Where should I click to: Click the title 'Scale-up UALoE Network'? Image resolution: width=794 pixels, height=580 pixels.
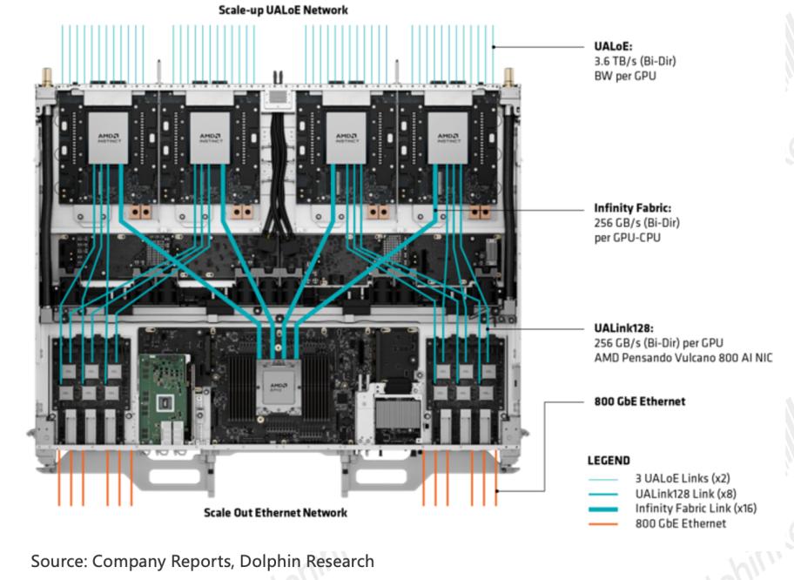[283, 10]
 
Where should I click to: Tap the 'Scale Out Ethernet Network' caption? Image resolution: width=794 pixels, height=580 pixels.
[275, 513]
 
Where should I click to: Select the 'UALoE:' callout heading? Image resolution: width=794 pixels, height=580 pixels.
[613, 46]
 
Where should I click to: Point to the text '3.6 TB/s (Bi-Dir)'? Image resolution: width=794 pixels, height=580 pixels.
[635, 61]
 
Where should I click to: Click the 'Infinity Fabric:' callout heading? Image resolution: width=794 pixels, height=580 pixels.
[632, 207]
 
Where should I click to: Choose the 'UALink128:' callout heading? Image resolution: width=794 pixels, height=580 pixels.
[624, 328]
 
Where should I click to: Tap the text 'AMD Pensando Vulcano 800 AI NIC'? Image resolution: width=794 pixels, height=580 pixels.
[683, 358]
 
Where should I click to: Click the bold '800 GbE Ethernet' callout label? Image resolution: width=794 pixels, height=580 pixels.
[640, 401]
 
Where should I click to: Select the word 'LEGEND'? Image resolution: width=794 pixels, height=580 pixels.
[609, 461]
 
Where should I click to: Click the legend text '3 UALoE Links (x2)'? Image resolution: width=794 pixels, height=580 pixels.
[683, 478]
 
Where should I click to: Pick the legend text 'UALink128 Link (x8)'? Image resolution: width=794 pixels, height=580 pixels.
[686, 494]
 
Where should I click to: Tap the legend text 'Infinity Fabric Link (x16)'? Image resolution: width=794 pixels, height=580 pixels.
[696, 508]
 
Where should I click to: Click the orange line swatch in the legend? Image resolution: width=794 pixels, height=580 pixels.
[603, 524]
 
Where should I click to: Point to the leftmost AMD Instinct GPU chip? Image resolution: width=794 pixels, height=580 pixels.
[108, 138]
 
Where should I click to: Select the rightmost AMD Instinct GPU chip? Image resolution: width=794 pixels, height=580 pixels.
[448, 138]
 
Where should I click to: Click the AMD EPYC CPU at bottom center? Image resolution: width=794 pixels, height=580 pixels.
[279, 387]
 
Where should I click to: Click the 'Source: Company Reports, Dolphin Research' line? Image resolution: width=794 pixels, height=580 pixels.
[203, 561]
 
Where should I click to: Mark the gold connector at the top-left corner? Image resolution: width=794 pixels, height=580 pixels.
[47, 77]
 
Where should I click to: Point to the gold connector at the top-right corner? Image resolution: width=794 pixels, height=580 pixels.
[508, 77]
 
